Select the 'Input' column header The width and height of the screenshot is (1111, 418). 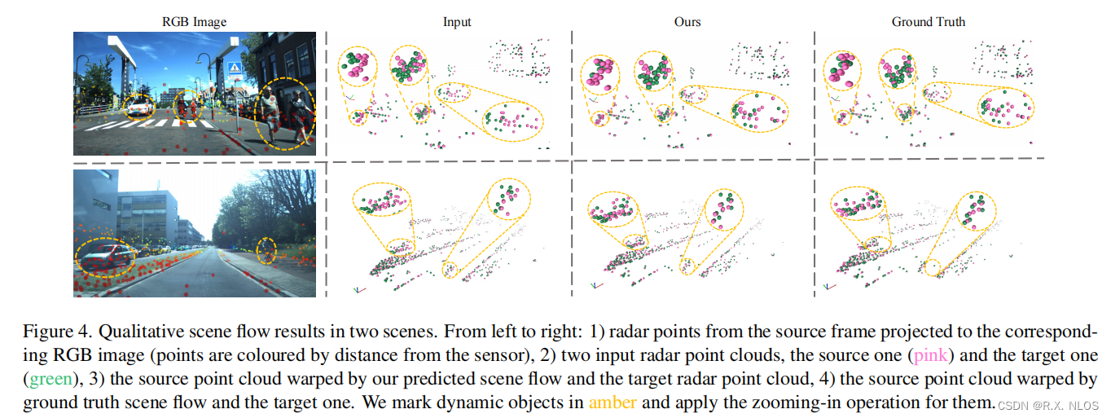click(x=457, y=22)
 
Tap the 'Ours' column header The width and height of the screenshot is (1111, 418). click(x=687, y=22)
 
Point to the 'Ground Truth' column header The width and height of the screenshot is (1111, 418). click(x=929, y=22)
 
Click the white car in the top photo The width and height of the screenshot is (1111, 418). click(x=139, y=107)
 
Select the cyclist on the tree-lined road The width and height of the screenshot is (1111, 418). click(x=266, y=250)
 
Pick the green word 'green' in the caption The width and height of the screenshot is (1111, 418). click(x=46, y=379)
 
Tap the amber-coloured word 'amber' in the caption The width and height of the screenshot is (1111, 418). click(x=612, y=402)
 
